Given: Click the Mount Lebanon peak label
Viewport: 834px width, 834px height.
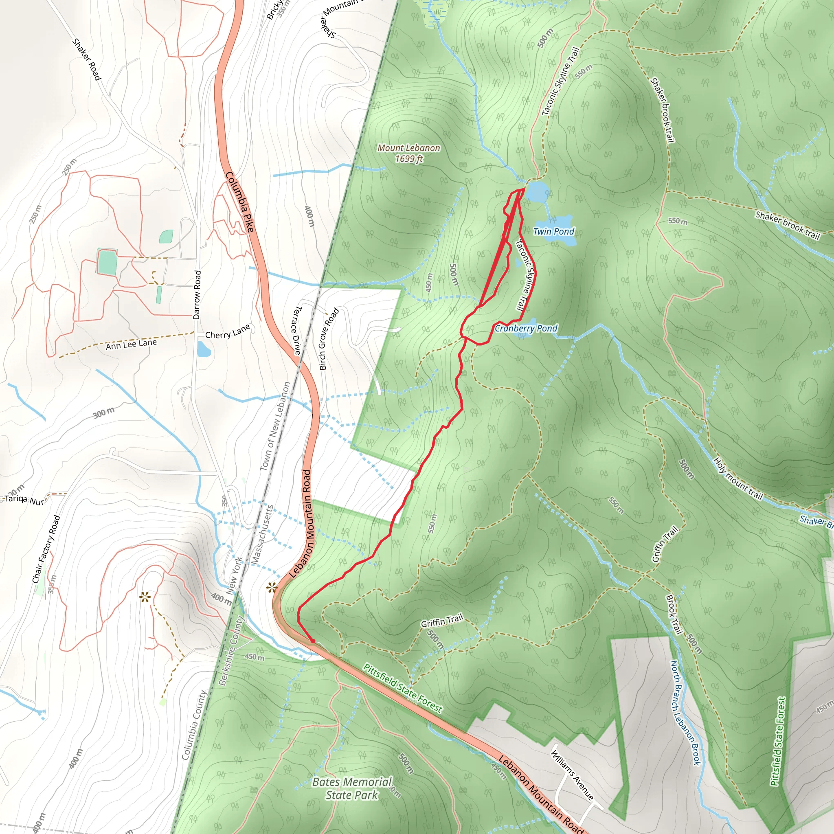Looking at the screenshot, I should point(408,153).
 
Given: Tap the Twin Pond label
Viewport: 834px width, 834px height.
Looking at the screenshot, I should point(553,231).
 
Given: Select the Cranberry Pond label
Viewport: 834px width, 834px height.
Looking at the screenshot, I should point(526,328).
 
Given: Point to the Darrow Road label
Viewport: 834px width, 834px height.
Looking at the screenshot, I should point(197,295).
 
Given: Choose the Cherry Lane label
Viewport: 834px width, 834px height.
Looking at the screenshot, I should point(228,331).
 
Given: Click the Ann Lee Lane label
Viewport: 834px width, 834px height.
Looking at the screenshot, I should point(131,344).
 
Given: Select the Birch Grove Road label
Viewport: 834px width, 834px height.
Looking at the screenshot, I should point(329,339).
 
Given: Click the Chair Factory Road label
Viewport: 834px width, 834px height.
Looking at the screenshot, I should point(46,549).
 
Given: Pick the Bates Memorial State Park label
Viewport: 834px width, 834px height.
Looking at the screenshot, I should point(352,788).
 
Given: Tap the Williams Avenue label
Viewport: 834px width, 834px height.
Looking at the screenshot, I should point(572,775).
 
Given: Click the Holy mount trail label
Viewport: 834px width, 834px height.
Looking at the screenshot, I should point(738,478).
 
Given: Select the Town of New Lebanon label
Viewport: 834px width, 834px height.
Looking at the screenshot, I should point(275,426).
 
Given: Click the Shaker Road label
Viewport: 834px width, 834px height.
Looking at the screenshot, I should point(86,59).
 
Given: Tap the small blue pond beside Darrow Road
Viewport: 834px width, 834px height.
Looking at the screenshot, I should point(204,349).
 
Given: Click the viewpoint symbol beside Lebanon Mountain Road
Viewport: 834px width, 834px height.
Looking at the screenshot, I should point(272,587).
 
